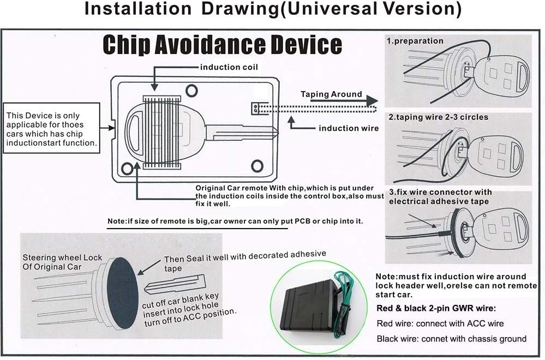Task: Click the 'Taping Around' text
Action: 331,94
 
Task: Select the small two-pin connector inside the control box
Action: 255,109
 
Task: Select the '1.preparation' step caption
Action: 415,41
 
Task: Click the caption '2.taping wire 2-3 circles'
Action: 438,117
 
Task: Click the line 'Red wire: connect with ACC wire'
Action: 440,323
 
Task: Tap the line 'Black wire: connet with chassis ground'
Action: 451,339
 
